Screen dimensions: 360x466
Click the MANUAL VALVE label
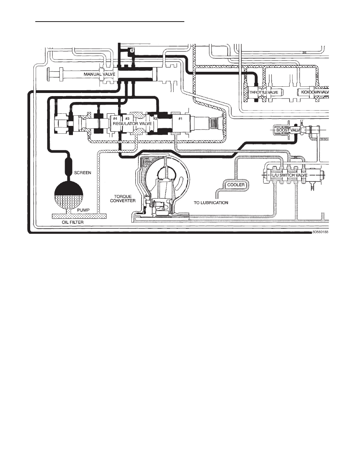pyautogui.click(x=99, y=74)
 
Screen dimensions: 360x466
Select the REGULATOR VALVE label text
pyautogui.click(x=132, y=123)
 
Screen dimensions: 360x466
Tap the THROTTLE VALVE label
pyautogui.click(x=264, y=93)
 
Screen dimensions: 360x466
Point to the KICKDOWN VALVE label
pyautogui.click(x=315, y=92)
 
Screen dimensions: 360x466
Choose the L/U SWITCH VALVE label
pyautogui.click(x=289, y=175)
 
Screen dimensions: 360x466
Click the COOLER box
pyautogui.click(x=236, y=185)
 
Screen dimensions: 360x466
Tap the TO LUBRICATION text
pyautogui.click(x=211, y=203)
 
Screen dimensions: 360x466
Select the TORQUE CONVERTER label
pyautogui.click(x=123, y=198)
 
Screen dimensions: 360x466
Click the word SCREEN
pyautogui.click(x=83, y=173)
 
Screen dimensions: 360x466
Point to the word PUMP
pyautogui.click(x=83, y=210)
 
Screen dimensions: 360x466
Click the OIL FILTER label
pyautogui.click(x=73, y=222)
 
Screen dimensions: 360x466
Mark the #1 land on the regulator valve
pyautogui.click(x=180, y=118)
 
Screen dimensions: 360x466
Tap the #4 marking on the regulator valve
pyautogui.click(x=115, y=118)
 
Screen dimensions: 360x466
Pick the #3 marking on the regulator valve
pyautogui.click(x=127, y=118)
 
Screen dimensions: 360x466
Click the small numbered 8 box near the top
pyautogui.click(x=132, y=51)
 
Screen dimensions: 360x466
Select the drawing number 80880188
pyautogui.click(x=320, y=232)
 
